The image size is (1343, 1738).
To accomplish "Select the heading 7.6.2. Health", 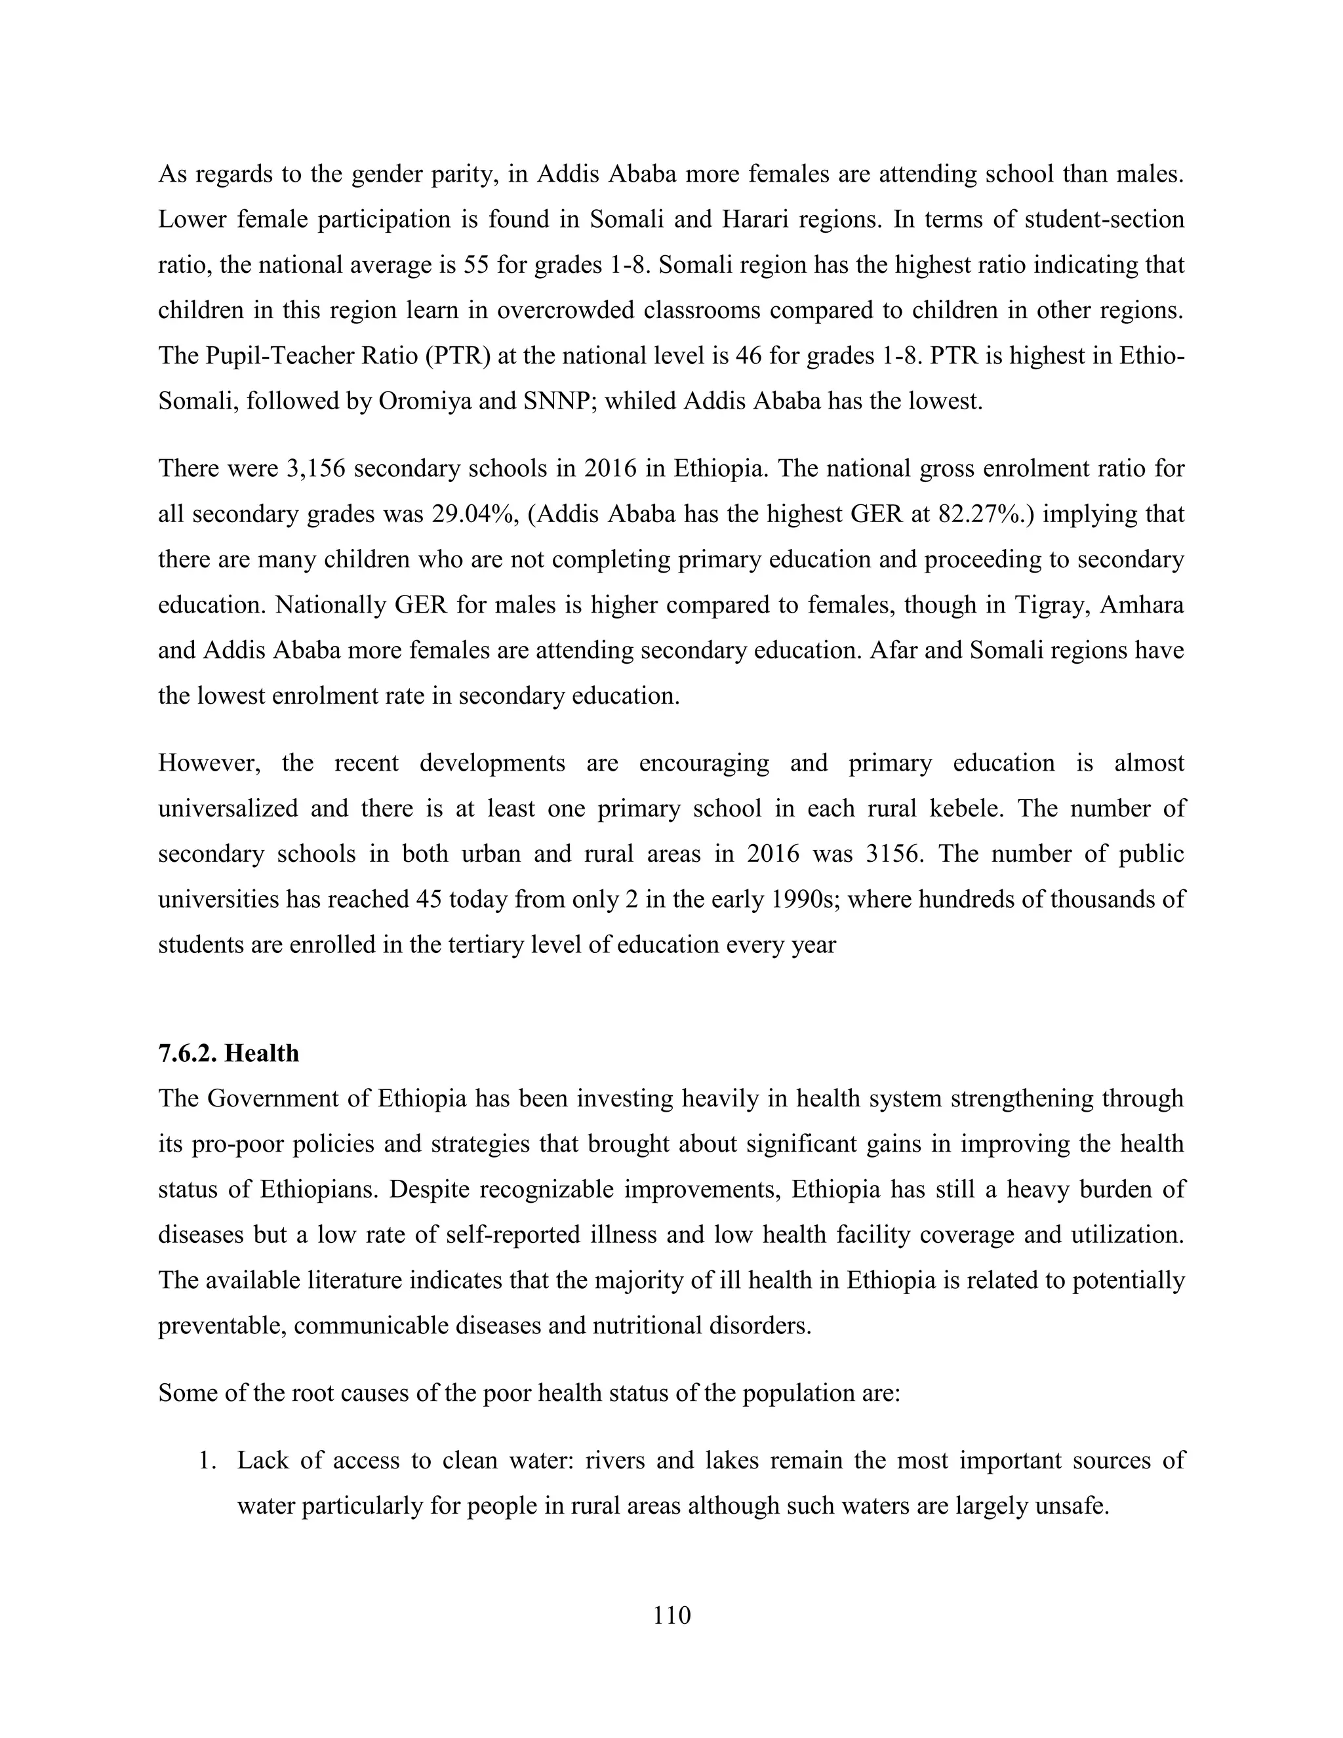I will (x=228, y=1053).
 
